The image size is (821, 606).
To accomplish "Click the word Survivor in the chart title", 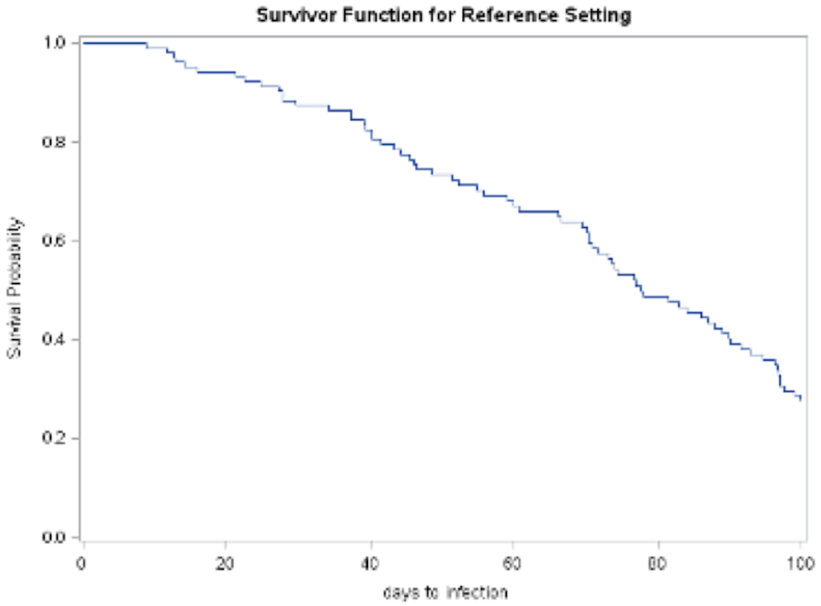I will click(287, 15).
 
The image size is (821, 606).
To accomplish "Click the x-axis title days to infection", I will click(445, 593).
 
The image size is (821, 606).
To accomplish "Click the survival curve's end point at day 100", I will click(801, 399).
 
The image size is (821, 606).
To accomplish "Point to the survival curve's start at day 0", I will click(83, 43).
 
